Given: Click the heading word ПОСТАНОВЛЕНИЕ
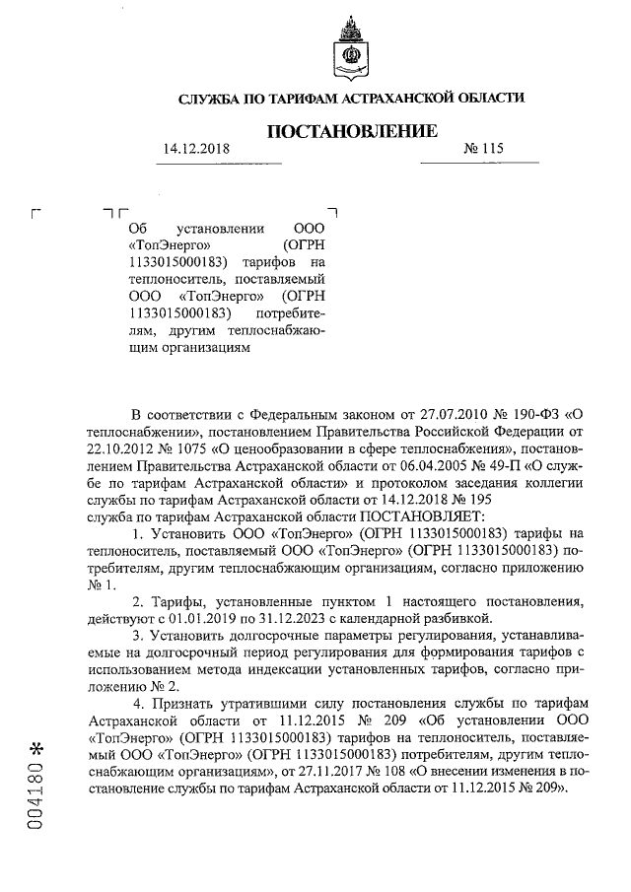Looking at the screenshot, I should coord(350,130).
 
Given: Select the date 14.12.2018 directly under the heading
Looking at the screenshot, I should coord(196,149).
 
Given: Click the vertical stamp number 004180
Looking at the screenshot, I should coord(38,798).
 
